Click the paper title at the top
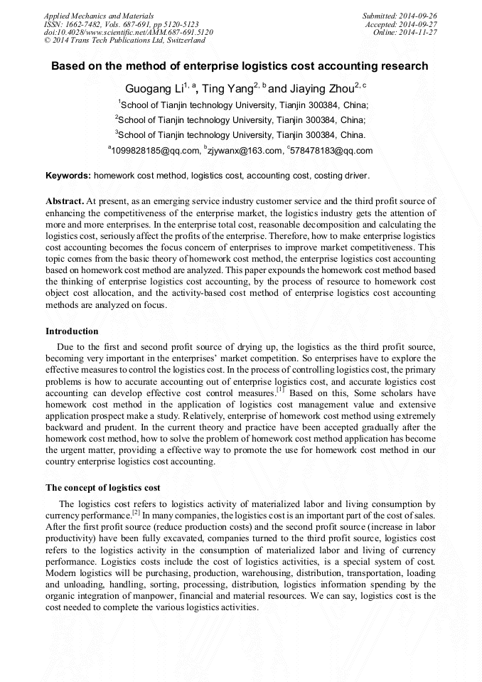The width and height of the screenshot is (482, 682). click(x=240, y=67)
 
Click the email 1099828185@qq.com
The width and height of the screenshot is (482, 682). click(x=155, y=151)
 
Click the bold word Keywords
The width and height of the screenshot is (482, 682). click(x=68, y=175)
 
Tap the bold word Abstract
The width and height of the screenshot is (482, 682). click(x=65, y=202)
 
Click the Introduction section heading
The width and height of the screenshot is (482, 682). click(x=72, y=331)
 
